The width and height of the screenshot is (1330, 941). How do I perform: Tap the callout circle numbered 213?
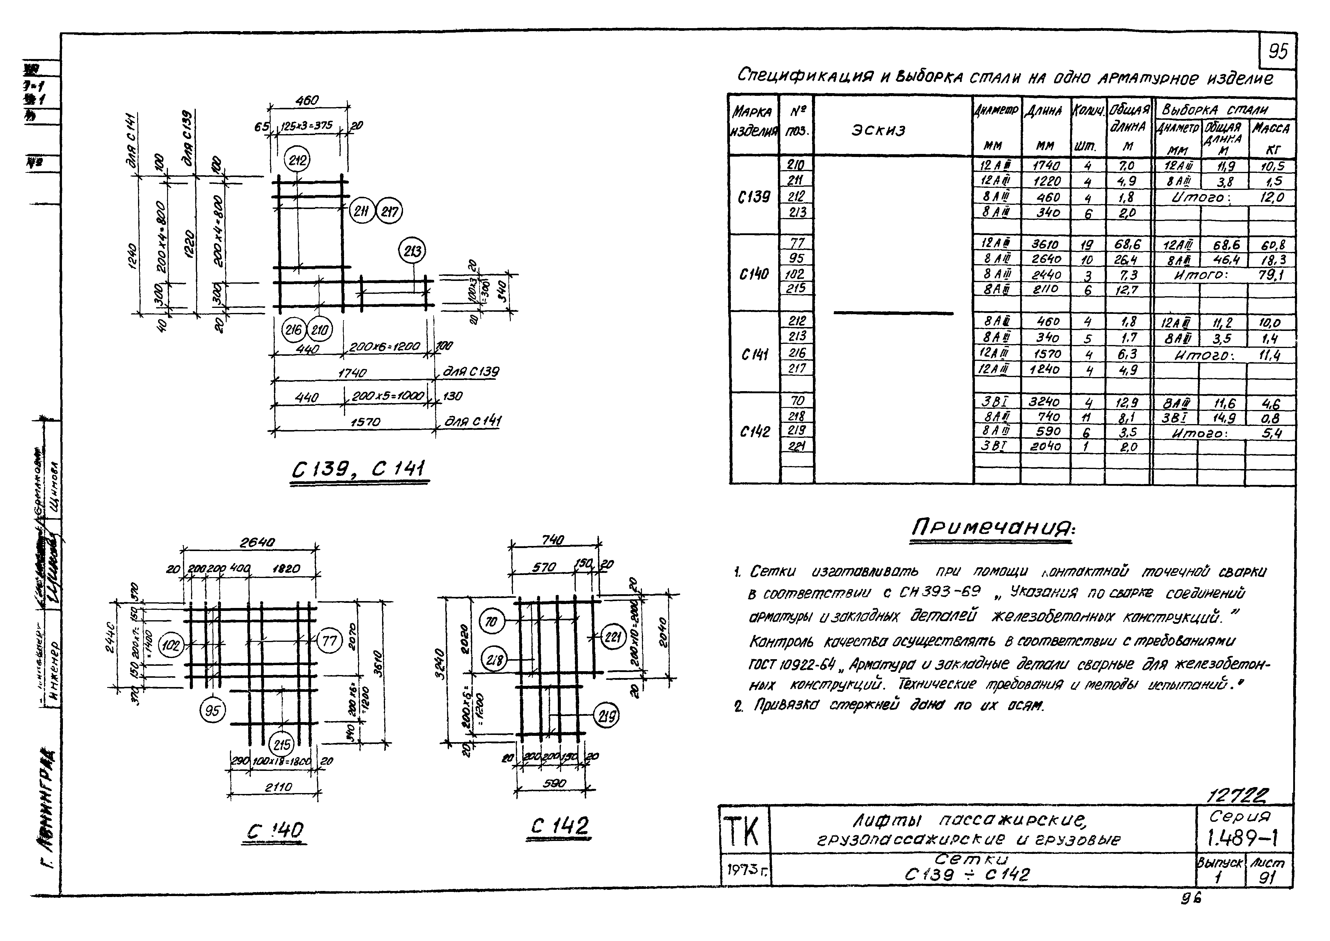(x=412, y=252)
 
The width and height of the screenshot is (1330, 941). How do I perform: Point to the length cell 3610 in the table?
(x=1046, y=244)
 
